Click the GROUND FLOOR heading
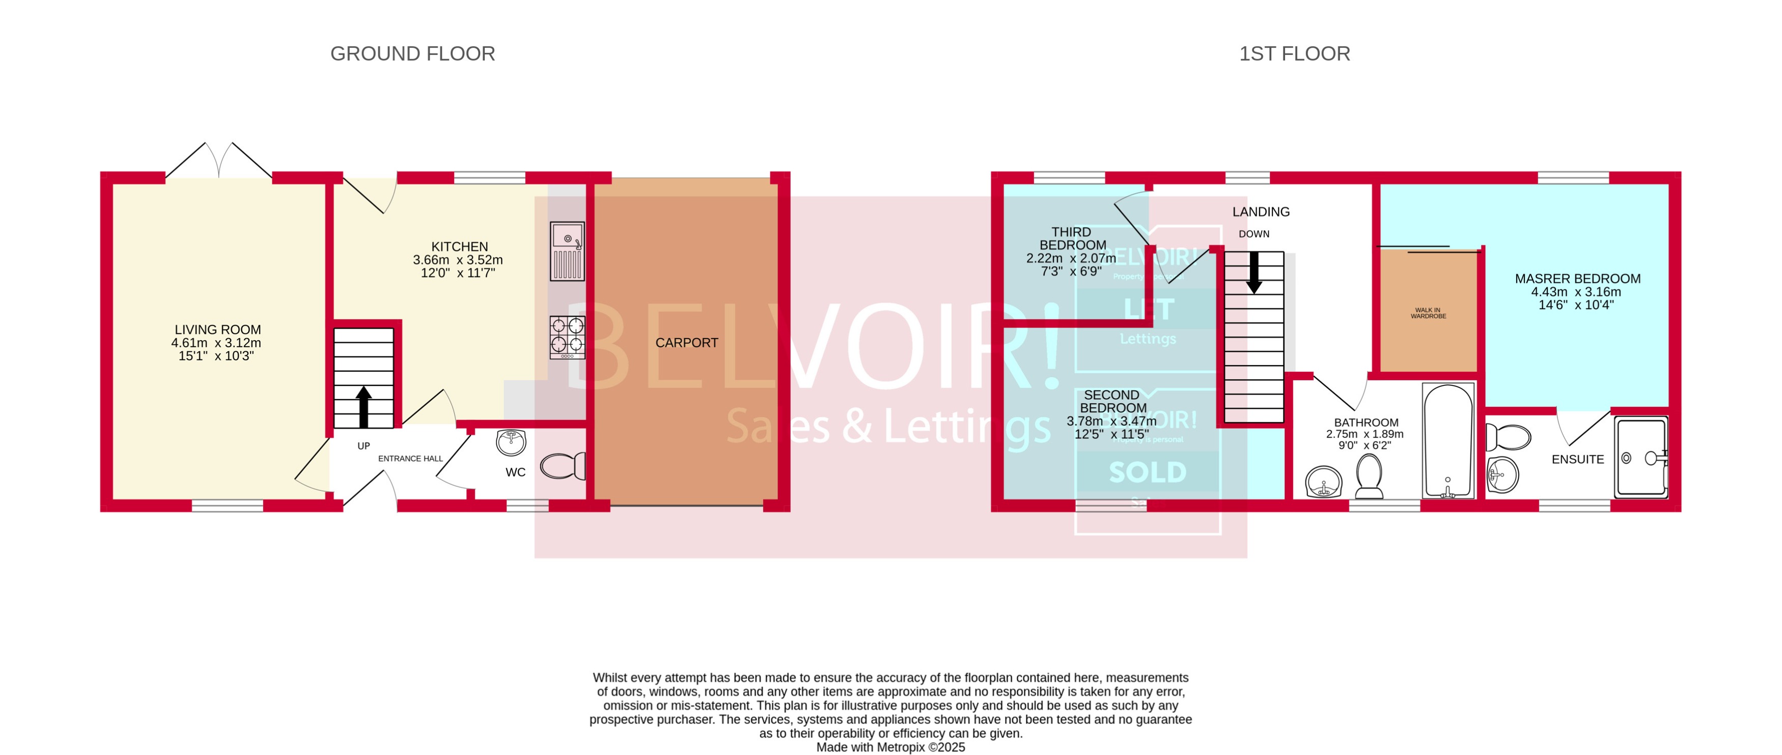pyautogui.click(x=412, y=53)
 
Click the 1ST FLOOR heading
pyautogui.click(x=1294, y=53)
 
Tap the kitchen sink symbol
pyautogui.click(x=567, y=250)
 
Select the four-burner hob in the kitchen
pyautogui.click(x=567, y=337)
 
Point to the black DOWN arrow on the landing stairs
pyautogui.click(x=1254, y=272)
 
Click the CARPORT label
pyautogui.click(x=686, y=343)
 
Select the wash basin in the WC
pyautogui.click(x=511, y=442)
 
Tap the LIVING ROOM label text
pyautogui.click(x=217, y=329)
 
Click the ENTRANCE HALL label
pyautogui.click(x=410, y=458)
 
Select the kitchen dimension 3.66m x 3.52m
pyautogui.click(x=457, y=260)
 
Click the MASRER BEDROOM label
pyautogui.click(x=1577, y=278)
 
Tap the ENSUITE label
pyautogui.click(x=1577, y=459)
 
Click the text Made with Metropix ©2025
pyautogui.click(x=890, y=747)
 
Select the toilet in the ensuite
pyautogui.click(x=1509, y=437)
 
